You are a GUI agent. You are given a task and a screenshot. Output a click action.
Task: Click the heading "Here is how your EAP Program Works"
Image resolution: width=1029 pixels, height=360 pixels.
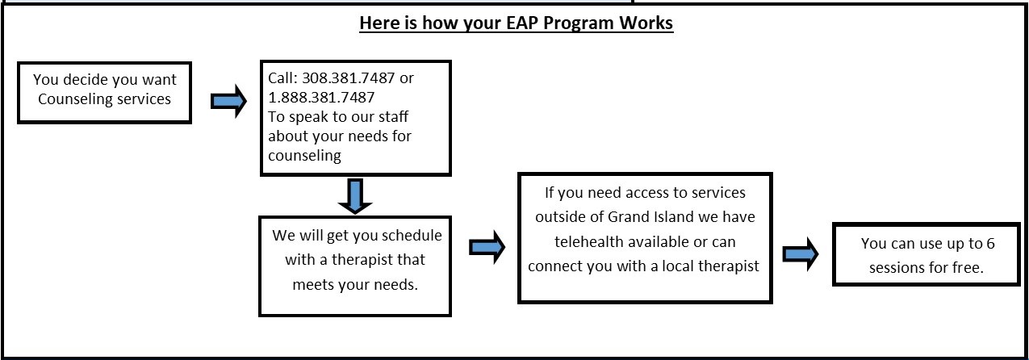516,23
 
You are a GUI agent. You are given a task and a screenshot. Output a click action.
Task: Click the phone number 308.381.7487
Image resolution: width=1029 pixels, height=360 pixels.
348,78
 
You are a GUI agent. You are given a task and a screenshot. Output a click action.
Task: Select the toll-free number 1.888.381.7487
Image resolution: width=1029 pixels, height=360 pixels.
321,98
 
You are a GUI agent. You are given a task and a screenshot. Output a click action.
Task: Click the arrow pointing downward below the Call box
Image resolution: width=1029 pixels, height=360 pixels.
355,196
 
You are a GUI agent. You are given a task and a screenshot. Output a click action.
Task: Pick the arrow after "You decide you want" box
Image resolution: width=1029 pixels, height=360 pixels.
228,101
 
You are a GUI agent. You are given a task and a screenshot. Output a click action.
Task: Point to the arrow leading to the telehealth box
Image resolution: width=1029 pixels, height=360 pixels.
487,248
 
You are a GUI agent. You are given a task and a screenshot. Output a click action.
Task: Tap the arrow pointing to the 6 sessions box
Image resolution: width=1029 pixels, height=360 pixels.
801,254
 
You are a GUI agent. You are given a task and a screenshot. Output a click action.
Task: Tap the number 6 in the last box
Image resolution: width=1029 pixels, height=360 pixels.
990,244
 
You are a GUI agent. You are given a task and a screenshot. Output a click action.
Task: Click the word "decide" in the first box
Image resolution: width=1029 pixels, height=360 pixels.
84,80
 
